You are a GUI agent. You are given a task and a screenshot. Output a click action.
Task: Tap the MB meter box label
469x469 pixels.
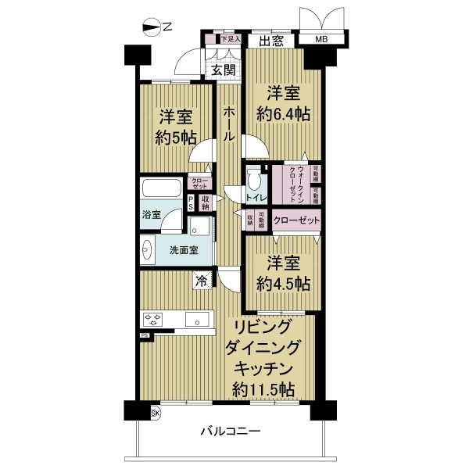pyautogui.click(x=322, y=40)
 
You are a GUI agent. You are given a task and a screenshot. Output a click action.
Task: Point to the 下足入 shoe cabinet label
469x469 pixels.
pyautogui.click(x=229, y=38)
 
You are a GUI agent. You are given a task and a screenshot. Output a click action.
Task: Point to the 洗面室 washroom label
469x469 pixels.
pyautogui.click(x=184, y=250)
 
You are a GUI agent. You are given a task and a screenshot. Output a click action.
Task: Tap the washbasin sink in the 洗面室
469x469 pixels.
pyautogui.click(x=149, y=250)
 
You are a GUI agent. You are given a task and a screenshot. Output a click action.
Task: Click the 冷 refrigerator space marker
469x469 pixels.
pyautogui.click(x=201, y=280)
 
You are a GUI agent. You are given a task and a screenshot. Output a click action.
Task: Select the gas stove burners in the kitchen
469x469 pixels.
pyautogui.click(x=153, y=319)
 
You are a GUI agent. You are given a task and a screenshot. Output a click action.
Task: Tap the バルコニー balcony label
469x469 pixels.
pyautogui.click(x=230, y=431)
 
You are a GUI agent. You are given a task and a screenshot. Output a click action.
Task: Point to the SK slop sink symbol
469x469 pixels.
pyautogui.click(x=154, y=413)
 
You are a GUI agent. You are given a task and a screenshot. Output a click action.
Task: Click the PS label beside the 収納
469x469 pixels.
pyautogui.click(x=191, y=203)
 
